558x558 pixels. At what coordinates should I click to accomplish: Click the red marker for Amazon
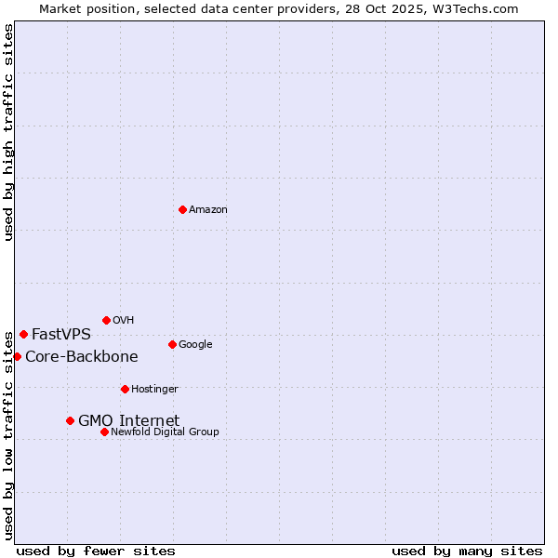182,209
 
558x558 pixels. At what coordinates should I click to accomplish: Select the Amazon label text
208,210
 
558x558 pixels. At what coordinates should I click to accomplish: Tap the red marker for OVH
106,320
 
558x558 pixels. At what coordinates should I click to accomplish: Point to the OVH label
124,321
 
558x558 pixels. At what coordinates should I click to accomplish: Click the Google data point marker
172,344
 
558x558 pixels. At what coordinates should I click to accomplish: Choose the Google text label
195,345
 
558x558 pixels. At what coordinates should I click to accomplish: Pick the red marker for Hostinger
125,389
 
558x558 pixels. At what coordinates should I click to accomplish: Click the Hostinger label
154,390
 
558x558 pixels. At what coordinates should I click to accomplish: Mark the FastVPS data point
23,334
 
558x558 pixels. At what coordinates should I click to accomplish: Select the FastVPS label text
61,335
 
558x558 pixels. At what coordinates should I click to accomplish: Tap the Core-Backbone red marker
17,356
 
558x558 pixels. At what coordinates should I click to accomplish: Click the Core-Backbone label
82,357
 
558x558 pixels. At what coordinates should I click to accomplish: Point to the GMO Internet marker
70,420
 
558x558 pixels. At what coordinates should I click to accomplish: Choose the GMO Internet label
128,421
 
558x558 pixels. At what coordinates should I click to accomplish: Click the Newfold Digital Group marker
104,432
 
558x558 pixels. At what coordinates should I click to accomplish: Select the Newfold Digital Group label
165,432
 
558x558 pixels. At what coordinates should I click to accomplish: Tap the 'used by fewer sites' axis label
96,551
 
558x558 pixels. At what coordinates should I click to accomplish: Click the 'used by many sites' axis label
467,551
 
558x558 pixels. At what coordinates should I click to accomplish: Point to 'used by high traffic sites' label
8,132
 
